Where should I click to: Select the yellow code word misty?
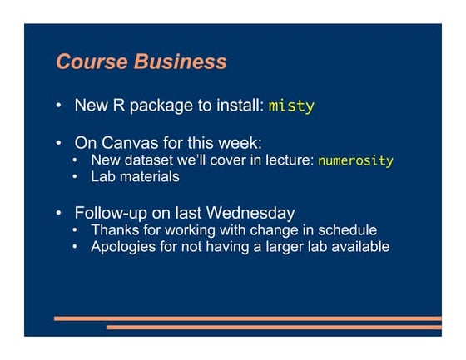click(291, 106)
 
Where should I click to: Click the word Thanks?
click(114, 229)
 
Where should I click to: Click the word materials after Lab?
click(150, 176)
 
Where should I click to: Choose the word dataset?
click(149, 160)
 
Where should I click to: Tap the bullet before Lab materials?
click(77, 177)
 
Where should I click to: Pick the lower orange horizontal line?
click(274, 327)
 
